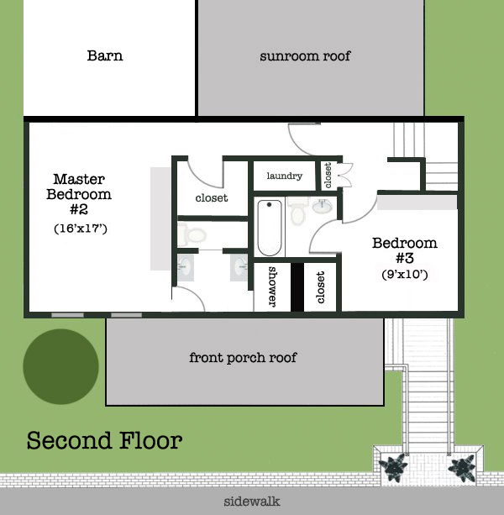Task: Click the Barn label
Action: point(105,55)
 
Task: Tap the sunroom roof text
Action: point(305,56)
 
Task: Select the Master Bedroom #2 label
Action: point(79,194)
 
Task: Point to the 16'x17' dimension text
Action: point(81,229)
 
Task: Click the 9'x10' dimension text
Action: point(405,274)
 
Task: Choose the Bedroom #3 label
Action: point(405,250)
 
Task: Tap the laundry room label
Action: point(285,176)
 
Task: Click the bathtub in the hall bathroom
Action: point(270,228)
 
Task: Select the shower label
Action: point(272,286)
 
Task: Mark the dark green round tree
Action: point(60,366)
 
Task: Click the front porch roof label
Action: point(243,358)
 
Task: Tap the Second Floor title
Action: point(104,440)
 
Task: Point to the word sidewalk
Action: point(252,502)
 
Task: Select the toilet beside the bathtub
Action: point(298,211)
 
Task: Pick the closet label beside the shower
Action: point(320,287)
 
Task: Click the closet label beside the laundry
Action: point(328,176)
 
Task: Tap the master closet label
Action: point(212,198)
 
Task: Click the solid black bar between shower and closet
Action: point(297,287)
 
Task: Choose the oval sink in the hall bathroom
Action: point(322,207)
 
